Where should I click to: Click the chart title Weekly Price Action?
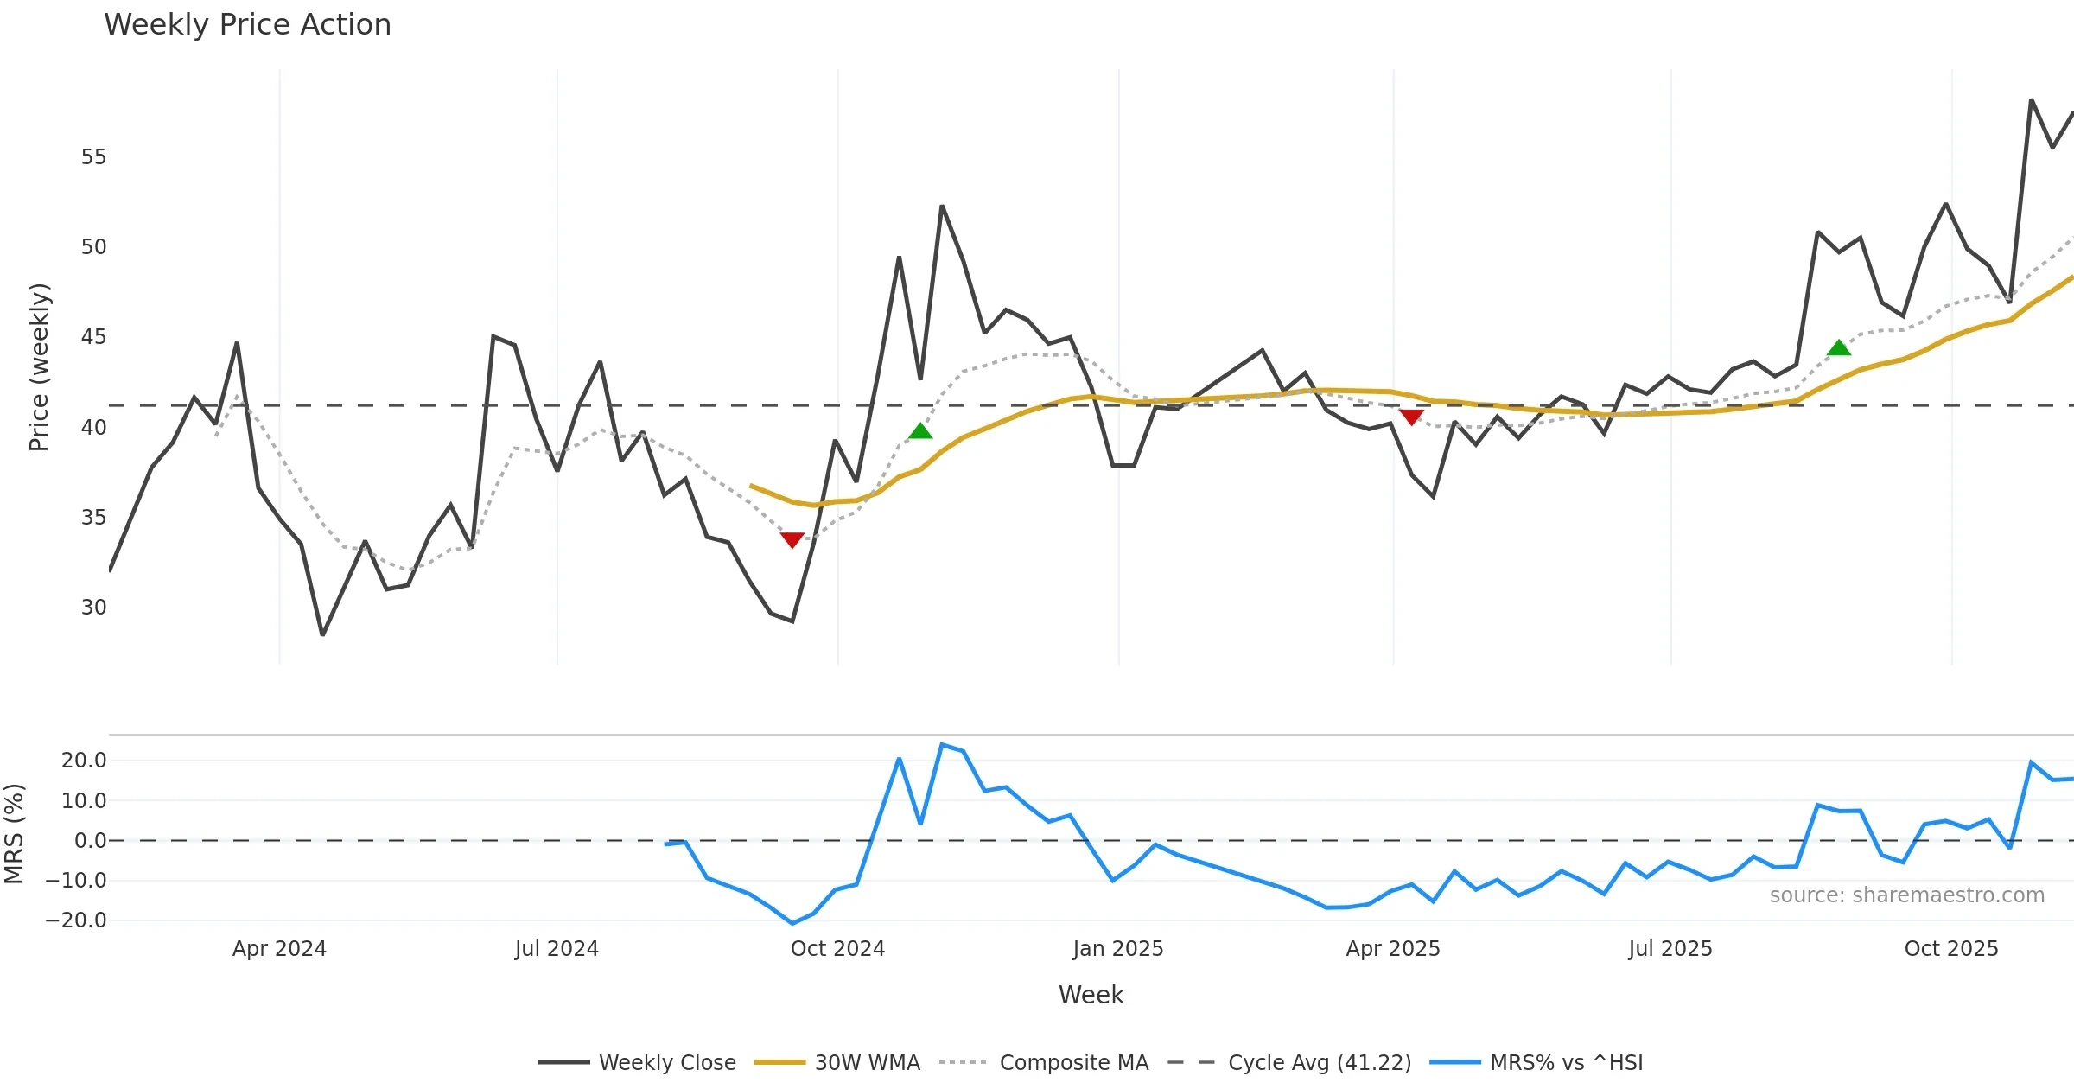(x=247, y=25)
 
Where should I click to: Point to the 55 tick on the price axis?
(x=93, y=157)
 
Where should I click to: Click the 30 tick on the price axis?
(x=93, y=608)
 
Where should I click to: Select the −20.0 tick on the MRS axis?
(x=76, y=920)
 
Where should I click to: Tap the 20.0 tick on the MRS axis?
(x=83, y=761)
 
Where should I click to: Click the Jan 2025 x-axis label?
(x=1118, y=949)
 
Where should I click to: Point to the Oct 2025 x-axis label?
(x=1951, y=949)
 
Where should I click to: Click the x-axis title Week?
(x=1091, y=996)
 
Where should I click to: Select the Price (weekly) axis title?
(x=39, y=367)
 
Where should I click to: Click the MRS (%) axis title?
(x=15, y=834)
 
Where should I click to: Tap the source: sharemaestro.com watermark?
(x=1906, y=895)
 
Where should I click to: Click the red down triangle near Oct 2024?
(x=792, y=540)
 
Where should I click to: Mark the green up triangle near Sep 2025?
(x=1839, y=347)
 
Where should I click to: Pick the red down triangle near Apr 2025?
(x=1411, y=417)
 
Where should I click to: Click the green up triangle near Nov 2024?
(x=921, y=430)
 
